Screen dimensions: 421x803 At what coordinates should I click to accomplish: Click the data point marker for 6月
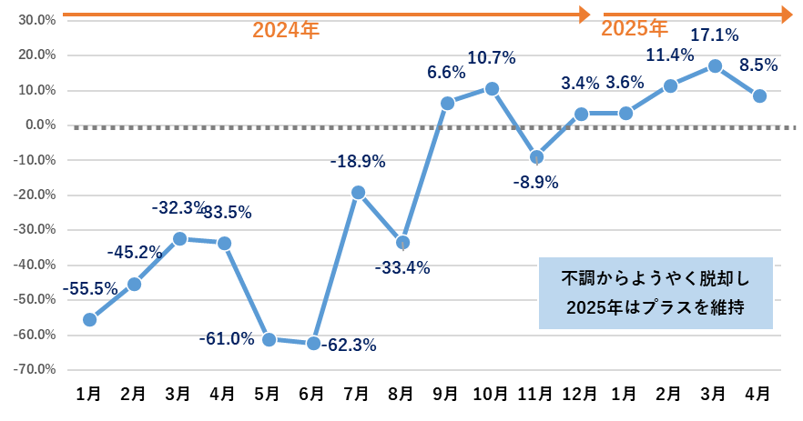point(313,343)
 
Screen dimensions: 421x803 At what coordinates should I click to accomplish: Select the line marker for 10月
point(492,88)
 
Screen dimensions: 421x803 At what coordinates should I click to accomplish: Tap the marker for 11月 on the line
point(536,156)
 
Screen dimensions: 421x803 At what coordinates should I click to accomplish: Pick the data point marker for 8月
point(402,242)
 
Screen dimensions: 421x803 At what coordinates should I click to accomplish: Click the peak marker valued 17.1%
point(715,66)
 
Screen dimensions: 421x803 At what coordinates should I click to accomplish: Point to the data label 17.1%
point(715,35)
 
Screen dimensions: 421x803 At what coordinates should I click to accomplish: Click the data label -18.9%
point(358,162)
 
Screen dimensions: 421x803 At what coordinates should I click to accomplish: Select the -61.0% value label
point(227,339)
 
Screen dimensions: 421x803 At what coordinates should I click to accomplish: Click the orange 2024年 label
point(286,30)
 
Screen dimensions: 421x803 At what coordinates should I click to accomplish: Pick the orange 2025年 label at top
point(635,28)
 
